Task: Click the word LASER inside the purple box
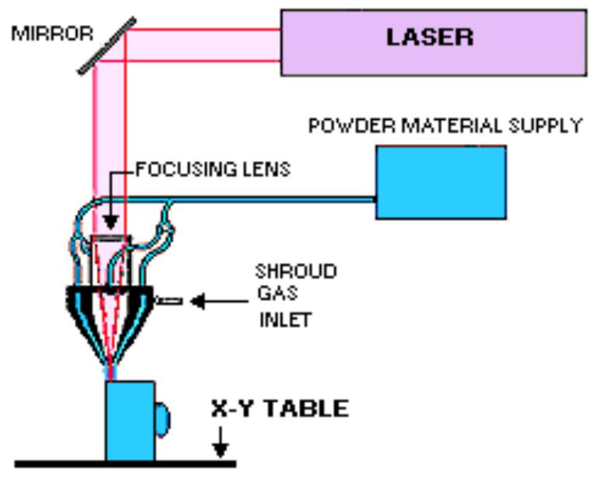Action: pos(430,37)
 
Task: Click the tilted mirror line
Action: pos(107,46)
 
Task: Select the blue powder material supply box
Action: pos(441,182)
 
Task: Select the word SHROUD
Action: pos(296,272)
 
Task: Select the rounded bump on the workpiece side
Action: pos(161,419)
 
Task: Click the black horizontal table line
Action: pos(125,464)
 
